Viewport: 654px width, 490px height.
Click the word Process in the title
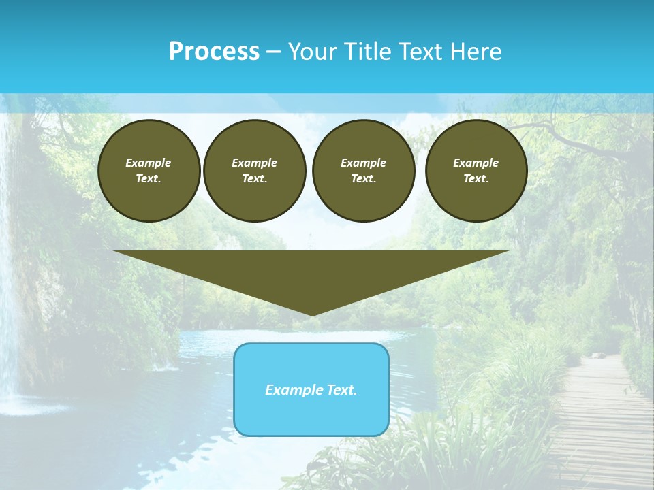point(214,52)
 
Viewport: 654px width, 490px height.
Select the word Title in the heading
point(369,52)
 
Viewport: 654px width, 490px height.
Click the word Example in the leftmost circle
point(149,163)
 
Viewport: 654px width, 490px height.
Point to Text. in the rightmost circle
point(476,178)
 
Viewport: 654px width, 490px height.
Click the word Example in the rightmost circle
point(476,163)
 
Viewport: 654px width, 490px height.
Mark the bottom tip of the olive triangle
point(311,314)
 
